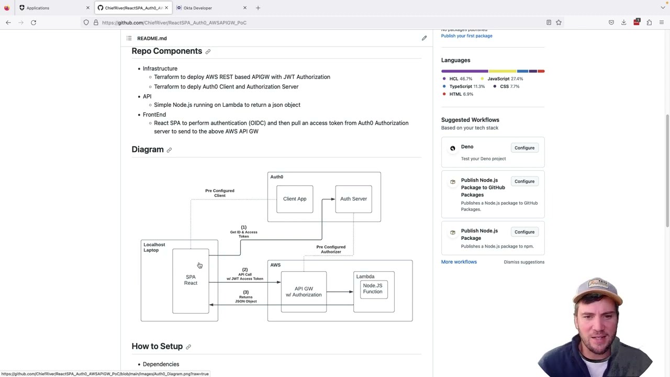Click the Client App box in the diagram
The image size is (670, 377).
tap(295, 199)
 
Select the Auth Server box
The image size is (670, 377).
tap(353, 199)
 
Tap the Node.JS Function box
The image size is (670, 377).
tap(373, 289)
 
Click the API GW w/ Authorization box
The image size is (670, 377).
tap(304, 292)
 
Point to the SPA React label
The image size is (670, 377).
tap(191, 280)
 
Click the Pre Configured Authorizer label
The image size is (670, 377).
tap(331, 249)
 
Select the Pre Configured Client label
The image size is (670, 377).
tap(220, 193)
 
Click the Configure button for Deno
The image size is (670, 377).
tap(524, 148)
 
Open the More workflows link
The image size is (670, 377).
tap(459, 262)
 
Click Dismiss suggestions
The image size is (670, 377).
tap(524, 262)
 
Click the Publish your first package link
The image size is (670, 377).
tap(466, 36)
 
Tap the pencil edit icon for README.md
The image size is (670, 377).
tap(424, 38)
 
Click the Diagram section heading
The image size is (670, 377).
tap(148, 150)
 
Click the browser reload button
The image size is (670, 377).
tap(33, 23)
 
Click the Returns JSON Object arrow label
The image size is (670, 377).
tap(245, 297)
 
